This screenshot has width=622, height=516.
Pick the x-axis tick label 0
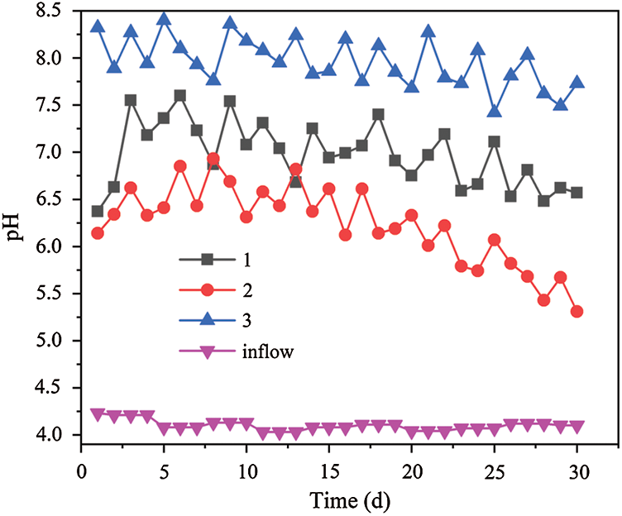[81, 471]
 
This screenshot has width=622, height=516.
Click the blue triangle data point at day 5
[164, 19]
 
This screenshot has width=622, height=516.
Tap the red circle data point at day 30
[577, 312]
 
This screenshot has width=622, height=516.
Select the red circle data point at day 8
[213, 159]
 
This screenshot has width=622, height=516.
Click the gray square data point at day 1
[98, 212]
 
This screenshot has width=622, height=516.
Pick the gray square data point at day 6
[180, 96]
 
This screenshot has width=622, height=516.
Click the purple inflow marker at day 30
[577, 426]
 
